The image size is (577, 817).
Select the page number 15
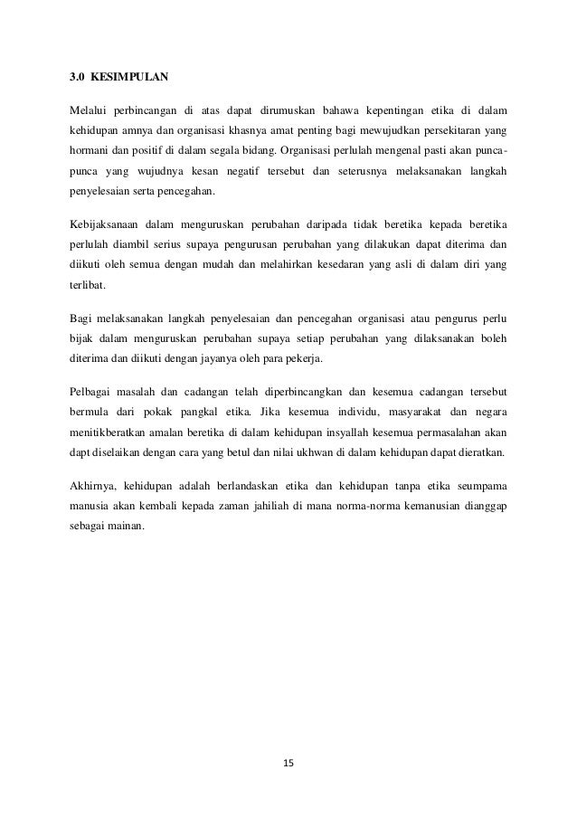click(288, 763)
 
